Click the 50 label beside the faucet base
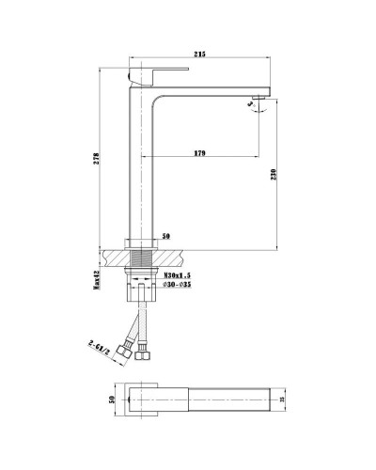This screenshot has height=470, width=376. click(165, 237)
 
